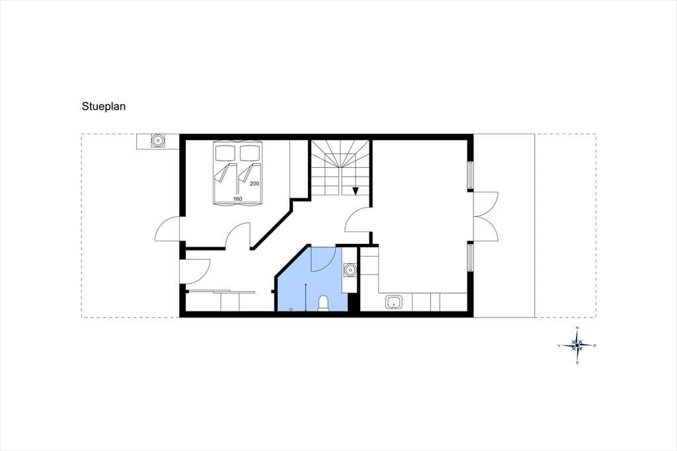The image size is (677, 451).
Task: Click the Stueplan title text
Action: coord(104,106)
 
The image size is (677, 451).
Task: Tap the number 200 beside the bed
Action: coord(255,184)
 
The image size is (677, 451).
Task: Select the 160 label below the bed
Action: coord(237,198)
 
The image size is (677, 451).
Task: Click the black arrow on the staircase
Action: coord(355,190)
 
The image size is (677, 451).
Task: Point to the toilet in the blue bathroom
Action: coord(323,304)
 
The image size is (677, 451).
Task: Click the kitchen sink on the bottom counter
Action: coord(394,302)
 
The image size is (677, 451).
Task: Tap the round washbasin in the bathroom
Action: coord(349,270)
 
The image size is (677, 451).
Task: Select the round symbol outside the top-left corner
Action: coord(157,140)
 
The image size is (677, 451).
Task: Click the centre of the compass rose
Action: coord(577,345)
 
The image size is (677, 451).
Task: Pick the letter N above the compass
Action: coord(577,329)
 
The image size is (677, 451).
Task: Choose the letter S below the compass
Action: coord(577,363)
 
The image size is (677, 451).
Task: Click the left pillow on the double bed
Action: coord(225,153)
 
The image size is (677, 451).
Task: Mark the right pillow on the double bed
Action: coord(249,153)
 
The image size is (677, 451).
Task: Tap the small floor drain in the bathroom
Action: coord(291,309)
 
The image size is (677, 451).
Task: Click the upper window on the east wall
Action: coord(471,176)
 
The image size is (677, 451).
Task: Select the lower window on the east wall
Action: coord(471,257)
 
